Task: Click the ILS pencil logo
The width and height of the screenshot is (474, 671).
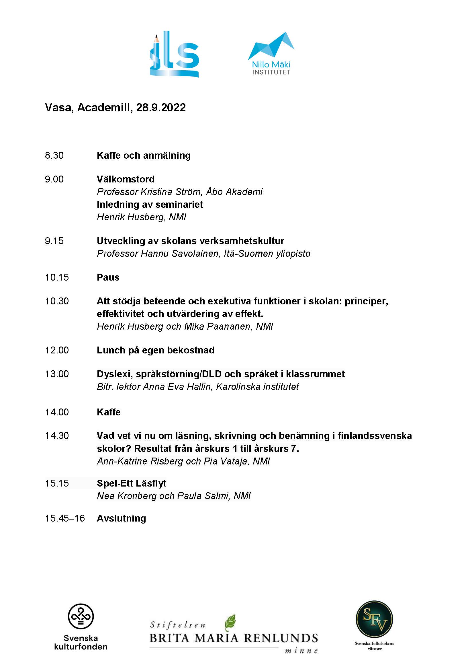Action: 175,54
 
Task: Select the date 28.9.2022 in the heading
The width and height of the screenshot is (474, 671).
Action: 161,108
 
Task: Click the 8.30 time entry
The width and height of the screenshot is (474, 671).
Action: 54,155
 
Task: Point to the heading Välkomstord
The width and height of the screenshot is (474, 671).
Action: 126,179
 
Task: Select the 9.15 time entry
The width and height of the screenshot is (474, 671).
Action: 54,241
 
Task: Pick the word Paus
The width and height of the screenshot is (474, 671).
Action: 108,277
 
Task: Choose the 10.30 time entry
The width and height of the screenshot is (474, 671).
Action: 57,301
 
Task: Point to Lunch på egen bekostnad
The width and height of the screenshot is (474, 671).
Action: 155,350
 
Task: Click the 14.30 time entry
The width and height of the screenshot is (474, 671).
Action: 57,435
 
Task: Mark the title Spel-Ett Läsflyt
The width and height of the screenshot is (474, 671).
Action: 131,483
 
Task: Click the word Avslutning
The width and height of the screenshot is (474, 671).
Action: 121,518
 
